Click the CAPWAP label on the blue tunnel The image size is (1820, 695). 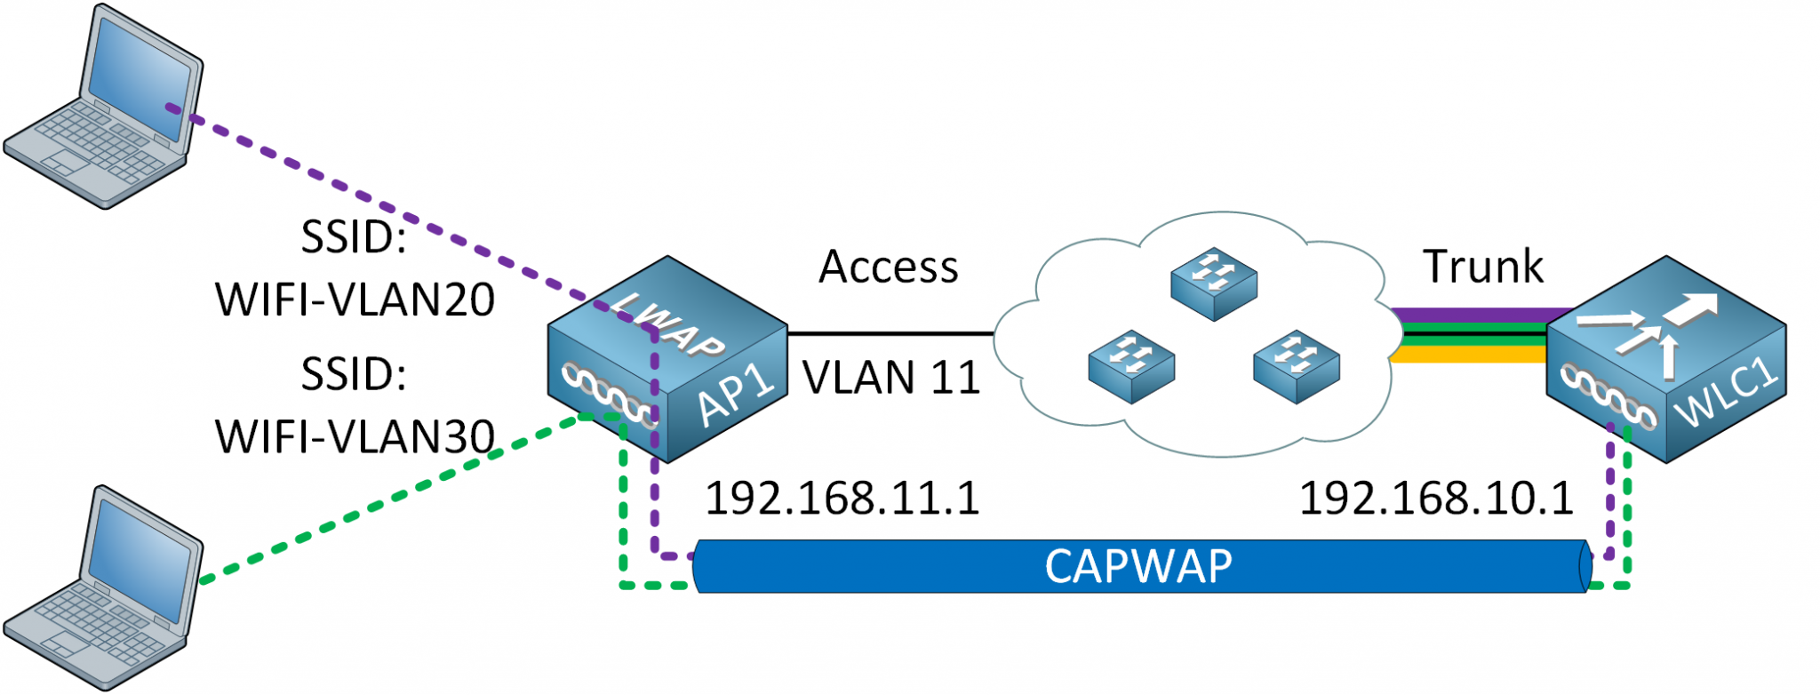(1138, 566)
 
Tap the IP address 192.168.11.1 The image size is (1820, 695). (842, 498)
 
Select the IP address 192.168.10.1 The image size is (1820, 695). (1436, 498)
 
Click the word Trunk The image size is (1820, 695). (1483, 267)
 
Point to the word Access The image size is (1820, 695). (888, 267)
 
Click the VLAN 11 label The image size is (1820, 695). (891, 378)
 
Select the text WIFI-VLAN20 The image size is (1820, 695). (355, 300)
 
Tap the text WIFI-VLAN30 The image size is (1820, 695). (355, 436)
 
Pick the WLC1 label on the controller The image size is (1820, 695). (1728, 395)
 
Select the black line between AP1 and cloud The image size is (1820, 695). (889, 334)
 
